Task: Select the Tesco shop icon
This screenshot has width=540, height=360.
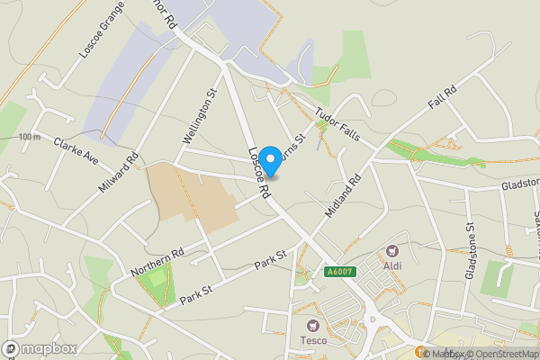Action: click(x=312, y=325)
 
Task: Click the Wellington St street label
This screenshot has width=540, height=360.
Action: click(x=200, y=116)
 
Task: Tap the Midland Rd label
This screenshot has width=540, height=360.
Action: click(x=342, y=193)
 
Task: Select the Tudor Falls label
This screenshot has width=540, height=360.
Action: click(x=337, y=122)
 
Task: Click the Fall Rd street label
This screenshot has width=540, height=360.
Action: click(x=443, y=97)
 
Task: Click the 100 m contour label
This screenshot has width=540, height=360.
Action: click(x=29, y=137)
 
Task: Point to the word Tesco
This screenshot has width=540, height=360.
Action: click(x=312, y=341)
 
